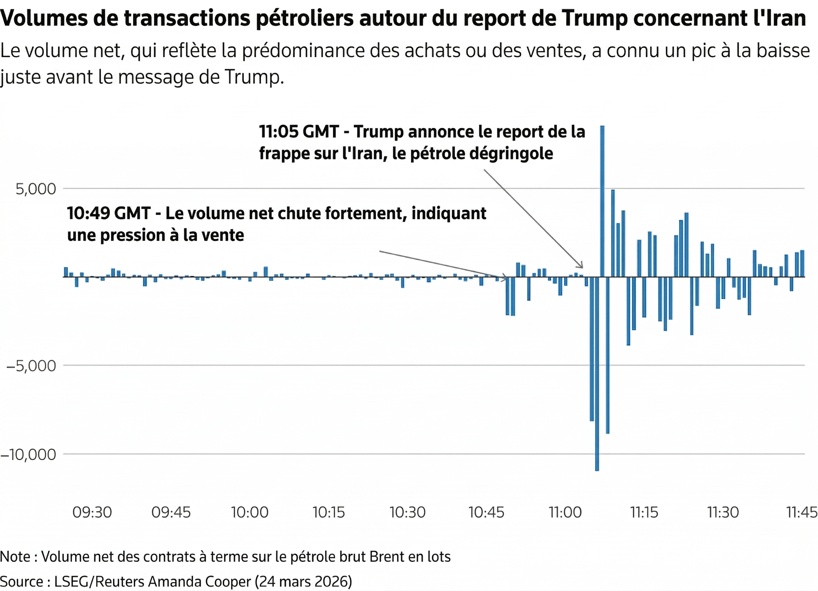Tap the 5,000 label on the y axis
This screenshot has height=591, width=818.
point(36,189)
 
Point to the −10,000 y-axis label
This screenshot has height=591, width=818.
point(29,455)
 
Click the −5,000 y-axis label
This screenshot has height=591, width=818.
point(31,366)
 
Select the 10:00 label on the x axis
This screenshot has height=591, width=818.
point(250,512)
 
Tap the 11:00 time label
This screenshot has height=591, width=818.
point(565,512)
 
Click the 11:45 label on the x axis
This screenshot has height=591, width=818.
point(802,512)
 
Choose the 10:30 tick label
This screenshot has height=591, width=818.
point(408,512)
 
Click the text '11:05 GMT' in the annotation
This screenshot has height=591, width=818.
point(299,132)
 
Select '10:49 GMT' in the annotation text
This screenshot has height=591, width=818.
point(109,213)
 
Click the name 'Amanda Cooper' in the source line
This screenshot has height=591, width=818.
point(199,582)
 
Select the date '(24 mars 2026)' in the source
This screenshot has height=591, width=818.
point(303,582)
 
